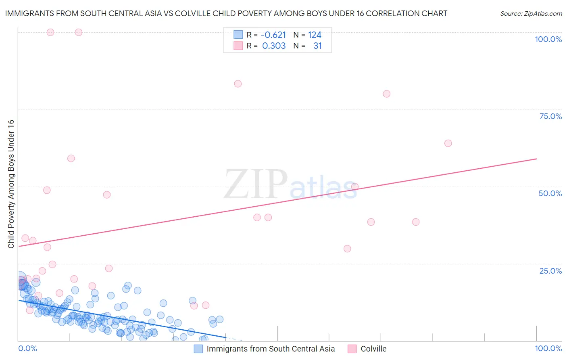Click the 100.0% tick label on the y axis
coord(548,39)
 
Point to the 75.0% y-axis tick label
coord(550,116)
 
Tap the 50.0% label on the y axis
coord(550,193)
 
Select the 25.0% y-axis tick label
coord(550,270)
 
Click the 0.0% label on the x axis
coord(27,348)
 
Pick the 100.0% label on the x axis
coord(548,348)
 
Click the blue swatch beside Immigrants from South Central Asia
coord(198,349)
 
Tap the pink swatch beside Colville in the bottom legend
coord(352,349)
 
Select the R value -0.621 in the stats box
coord(273,35)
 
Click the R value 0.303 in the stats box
coord(274,46)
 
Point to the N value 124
coord(315,35)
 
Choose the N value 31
coord(317,46)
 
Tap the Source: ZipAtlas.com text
coord(531,13)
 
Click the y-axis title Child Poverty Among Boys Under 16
coord(11,184)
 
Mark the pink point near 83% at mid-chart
coord(238,84)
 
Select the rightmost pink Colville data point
coord(448,143)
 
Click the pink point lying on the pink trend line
coord(355,186)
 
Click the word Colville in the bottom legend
coord(373,349)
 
